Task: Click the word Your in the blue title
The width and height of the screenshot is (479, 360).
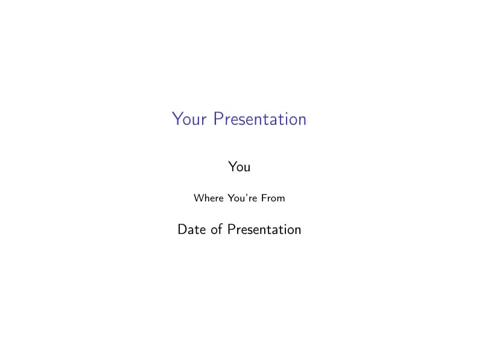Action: [188, 119]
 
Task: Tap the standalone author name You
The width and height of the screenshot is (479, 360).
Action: [239, 166]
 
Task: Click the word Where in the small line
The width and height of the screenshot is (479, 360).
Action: [208, 198]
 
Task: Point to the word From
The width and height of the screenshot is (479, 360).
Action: [273, 198]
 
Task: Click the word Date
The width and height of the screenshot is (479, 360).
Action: [191, 230]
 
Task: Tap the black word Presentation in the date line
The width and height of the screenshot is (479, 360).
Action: [264, 230]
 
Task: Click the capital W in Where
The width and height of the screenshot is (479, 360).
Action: [198, 198]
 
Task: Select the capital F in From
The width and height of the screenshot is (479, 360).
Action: [264, 198]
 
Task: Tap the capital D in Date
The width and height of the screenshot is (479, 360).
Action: [182, 230]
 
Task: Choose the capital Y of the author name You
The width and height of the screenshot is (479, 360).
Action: [232, 166]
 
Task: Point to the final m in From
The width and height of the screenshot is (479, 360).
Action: [281, 199]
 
